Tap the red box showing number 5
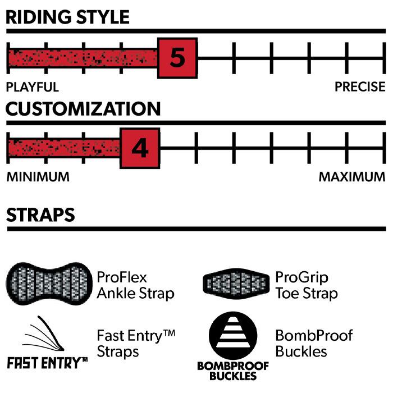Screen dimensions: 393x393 [177, 58]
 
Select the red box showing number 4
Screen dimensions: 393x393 [140, 149]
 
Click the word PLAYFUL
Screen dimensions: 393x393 [32, 87]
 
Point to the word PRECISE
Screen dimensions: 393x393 [360, 87]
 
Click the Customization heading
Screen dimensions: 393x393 [83, 108]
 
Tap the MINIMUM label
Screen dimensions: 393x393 [38, 177]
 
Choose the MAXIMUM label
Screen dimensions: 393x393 [352, 177]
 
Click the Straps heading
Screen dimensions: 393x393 [40, 214]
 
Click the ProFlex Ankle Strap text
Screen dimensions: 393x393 [135, 285]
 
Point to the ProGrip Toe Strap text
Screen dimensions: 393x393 [307, 285]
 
